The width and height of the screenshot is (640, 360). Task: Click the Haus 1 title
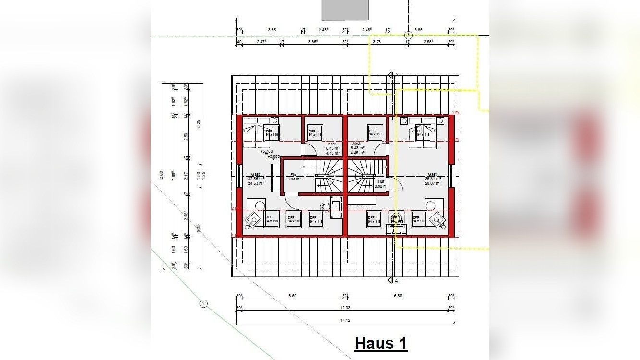(x=381, y=344)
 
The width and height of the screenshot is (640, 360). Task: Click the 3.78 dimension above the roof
(x=377, y=42)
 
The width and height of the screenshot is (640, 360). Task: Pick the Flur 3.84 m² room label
(x=294, y=177)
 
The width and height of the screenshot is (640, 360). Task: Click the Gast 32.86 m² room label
(x=256, y=179)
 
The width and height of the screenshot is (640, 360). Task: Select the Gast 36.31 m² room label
(x=432, y=179)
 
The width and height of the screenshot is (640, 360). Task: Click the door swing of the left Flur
(x=292, y=201)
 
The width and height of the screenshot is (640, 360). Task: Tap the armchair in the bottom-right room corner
(x=437, y=220)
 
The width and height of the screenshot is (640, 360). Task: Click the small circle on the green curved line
(x=203, y=303)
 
